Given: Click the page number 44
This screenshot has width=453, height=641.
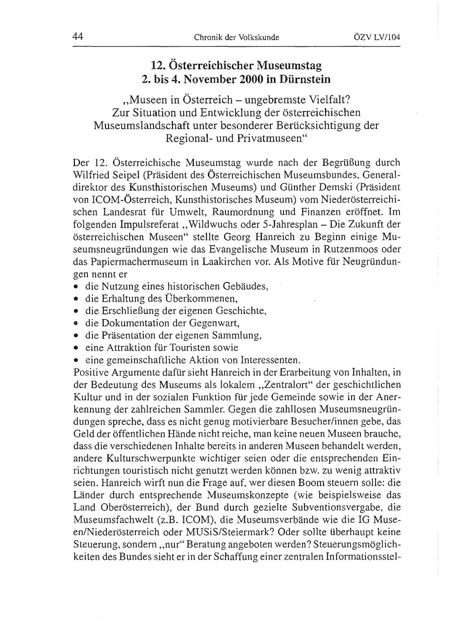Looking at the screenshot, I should pos(78,37).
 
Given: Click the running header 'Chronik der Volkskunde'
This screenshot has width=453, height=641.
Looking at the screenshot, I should pos(236,38).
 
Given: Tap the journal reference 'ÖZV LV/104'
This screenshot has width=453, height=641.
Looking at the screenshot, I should pos(377,38).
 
